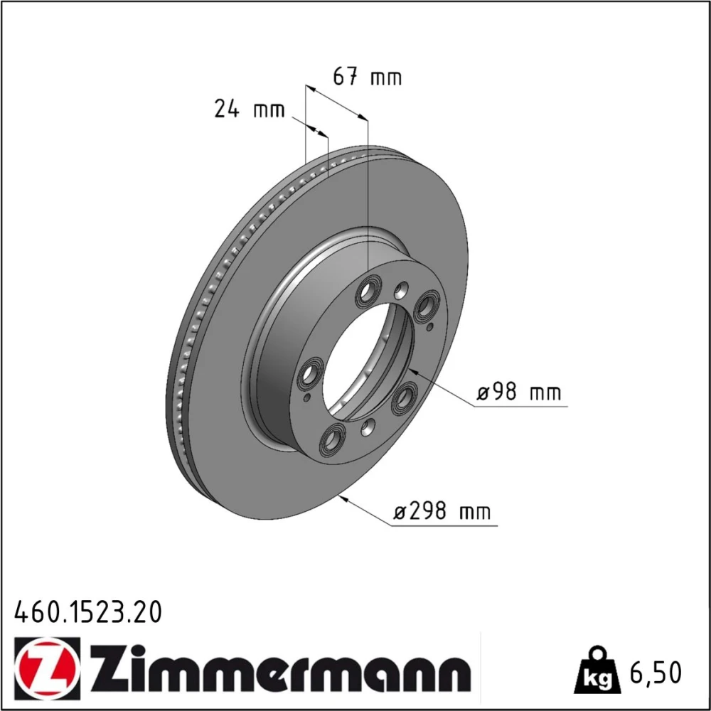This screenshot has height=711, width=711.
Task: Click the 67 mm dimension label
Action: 368,77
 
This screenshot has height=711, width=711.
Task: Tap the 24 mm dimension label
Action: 250,109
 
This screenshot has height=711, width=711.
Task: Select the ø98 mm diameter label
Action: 519,392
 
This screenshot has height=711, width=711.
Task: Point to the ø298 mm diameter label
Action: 442,511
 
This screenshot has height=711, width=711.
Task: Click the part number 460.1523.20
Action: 88,612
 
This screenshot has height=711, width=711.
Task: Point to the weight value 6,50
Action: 656,673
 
